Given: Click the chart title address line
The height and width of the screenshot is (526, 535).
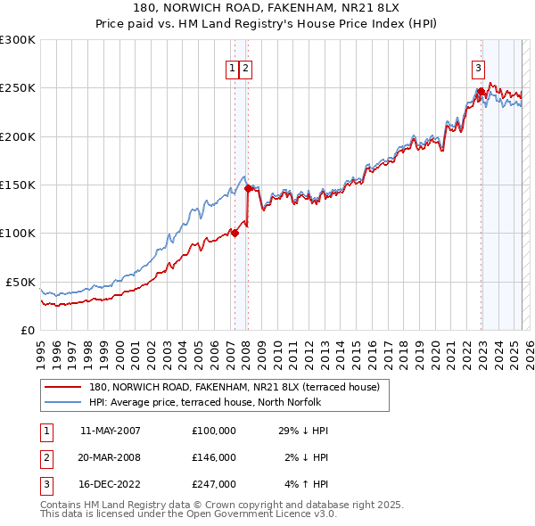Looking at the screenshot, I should pyautogui.click(x=267, y=8).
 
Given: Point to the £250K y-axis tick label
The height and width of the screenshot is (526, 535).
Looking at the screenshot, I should pyautogui.click(x=18, y=88).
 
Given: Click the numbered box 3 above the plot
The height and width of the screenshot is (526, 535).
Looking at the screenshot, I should pyautogui.click(x=479, y=66).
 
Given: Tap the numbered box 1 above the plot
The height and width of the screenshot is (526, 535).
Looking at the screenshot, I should pyautogui.click(x=232, y=66).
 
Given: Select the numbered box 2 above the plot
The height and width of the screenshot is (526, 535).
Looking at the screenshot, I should pyautogui.click(x=245, y=66).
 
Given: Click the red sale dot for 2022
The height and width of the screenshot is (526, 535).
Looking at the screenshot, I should pyautogui.click(x=481, y=91).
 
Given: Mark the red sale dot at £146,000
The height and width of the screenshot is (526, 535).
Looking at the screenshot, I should pyautogui.click(x=248, y=188).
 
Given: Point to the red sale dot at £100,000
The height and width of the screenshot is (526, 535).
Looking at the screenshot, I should pyautogui.click(x=235, y=233).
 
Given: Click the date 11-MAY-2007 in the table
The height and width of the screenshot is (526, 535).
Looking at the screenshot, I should pyautogui.click(x=111, y=431).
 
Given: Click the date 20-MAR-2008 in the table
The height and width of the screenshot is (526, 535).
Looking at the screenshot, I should pyautogui.click(x=111, y=457).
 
